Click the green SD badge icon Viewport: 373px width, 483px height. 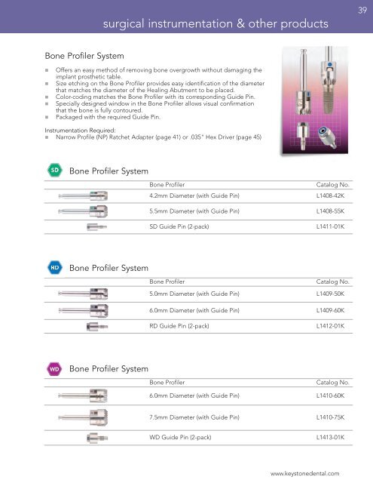[x=55, y=170]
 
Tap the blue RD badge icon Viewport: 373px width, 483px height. [x=55, y=266]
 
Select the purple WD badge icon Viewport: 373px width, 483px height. [x=55, y=368]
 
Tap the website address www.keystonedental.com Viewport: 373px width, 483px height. [x=309, y=473]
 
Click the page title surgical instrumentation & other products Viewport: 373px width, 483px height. [x=216, y=25]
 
